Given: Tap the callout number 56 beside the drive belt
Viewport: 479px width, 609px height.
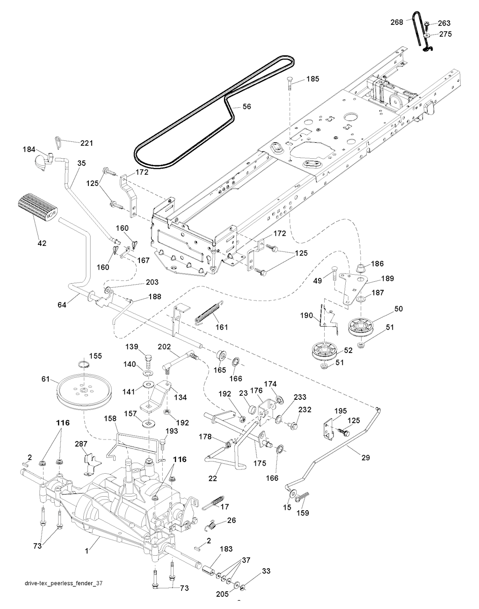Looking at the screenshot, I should (x=247, y=107).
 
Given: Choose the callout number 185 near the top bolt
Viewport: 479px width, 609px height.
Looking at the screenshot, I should (x=313, y=79).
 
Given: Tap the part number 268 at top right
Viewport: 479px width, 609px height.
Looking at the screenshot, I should (x=397, y=22).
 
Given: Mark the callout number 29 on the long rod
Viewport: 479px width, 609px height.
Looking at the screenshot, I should (x=365, y=457).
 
